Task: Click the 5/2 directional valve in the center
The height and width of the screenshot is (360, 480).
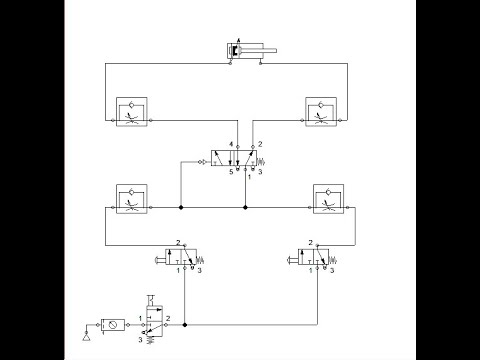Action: [x=237, y=158]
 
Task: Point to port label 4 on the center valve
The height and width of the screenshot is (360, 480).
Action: [x=230, y=146]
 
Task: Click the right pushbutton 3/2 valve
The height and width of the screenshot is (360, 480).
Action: [x=314, y=258]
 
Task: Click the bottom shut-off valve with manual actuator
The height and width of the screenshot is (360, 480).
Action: [x=152, y=322]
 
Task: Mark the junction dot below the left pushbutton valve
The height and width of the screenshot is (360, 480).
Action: [x=186, y=323]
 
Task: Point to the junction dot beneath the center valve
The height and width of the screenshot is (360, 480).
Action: [x=244, y=209]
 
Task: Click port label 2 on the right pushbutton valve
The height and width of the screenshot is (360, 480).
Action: [x=313, y=243]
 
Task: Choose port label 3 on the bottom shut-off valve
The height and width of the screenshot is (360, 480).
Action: [x=140, y=339]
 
